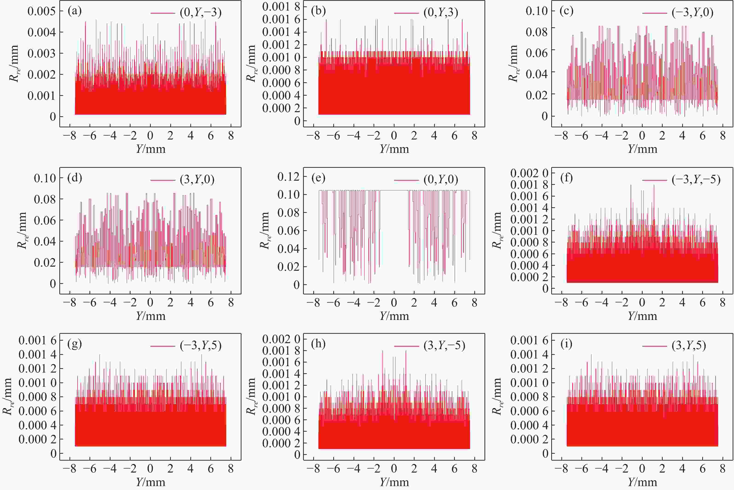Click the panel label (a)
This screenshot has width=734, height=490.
(75, 11)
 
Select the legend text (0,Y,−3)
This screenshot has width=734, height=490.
(200, 12)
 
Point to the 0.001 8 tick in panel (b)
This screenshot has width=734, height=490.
(281, 7)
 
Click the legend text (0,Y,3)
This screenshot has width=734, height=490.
(441, 12)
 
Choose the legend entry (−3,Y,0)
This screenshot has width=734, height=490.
(692, 12)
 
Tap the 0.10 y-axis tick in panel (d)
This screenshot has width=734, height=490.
(45, 178)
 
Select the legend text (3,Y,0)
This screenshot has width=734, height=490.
(197, 180)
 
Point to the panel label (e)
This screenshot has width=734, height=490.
(318, 178)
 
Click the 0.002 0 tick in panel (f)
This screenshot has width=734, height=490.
(529, 173)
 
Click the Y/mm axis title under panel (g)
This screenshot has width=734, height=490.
(151, 482)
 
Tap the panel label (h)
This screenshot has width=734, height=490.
(318, 344)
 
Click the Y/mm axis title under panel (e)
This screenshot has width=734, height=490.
(394, 316)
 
